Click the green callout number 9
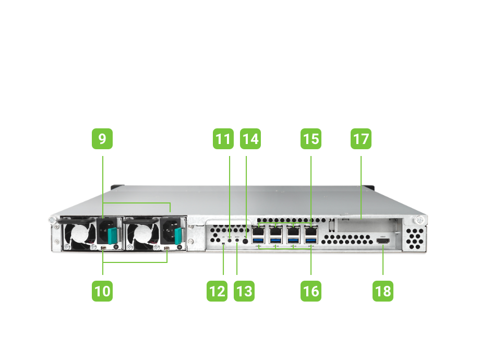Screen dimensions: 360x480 102,139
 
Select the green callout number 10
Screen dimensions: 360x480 102,291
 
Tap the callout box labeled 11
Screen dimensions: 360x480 223,139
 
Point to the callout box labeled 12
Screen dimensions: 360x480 217,291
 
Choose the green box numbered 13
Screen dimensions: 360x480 244,291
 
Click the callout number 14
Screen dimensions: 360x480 250,139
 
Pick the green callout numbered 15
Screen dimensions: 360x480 311,139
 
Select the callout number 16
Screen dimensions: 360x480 311,291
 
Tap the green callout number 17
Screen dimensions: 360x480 361,139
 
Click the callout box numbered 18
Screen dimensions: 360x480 383,291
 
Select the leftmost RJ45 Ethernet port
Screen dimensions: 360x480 259,230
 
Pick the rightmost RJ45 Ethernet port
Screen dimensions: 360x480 311,230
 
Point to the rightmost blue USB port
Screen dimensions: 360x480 311,241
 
